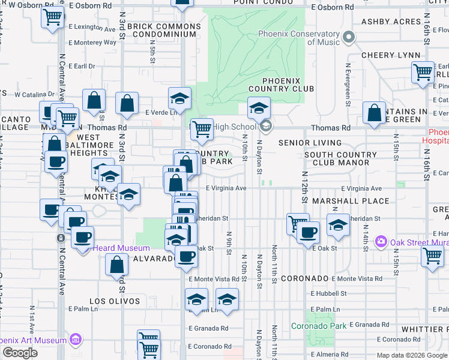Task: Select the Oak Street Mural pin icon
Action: point(380,242)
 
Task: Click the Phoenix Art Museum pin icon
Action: point(76,340)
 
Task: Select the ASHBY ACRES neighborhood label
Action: point(391,22)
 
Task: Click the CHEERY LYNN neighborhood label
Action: point(391,55)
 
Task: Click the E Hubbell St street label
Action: point(328,293)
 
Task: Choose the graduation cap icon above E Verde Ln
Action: point(179,98)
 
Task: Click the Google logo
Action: point(20,353)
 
